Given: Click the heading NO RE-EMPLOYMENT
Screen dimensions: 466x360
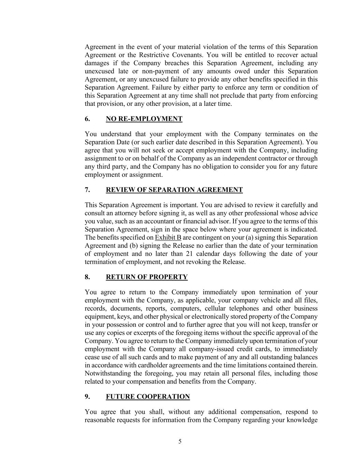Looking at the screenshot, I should coord(144,119).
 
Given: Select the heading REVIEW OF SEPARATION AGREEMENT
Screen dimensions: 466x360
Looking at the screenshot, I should coord(174,190).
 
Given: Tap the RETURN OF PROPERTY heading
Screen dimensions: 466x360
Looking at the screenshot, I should coord(147,277).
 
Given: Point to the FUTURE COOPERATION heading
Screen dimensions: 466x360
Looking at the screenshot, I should coord(148,397).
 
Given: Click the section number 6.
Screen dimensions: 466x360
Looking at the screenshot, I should coord(87,119).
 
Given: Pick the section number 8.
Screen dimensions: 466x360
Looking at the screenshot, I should coord(87,277).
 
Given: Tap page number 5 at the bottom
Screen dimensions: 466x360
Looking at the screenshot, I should coord(180,441).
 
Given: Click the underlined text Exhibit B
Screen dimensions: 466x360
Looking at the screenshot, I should coord(168,238).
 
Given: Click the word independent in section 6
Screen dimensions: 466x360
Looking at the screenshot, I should coord(250,158).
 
